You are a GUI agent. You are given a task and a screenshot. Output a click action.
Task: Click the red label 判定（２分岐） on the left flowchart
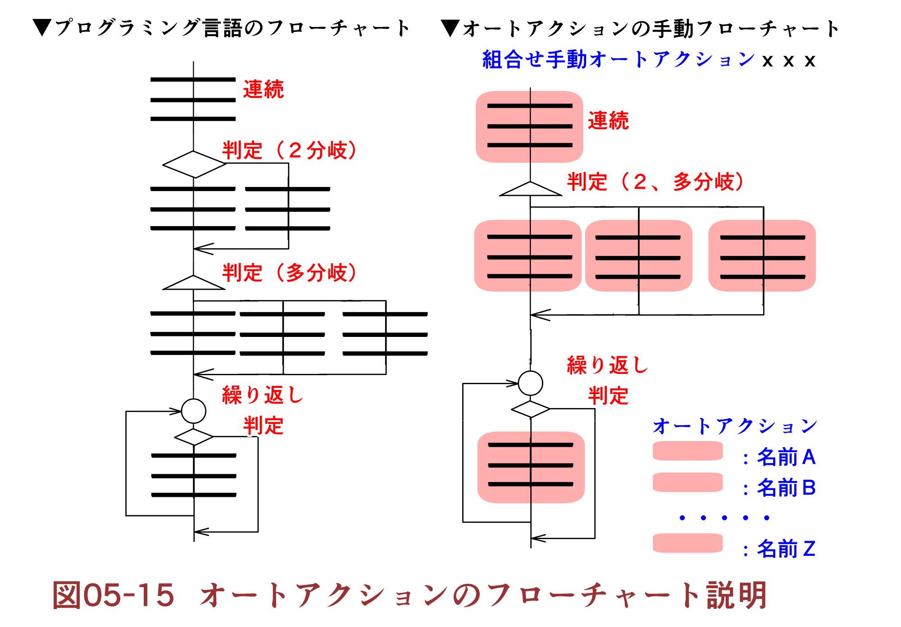click(289, 150)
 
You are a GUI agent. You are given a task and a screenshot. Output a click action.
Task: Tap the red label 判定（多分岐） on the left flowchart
click(289, 273)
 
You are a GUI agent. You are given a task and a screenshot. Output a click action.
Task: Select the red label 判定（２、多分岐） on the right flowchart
click(655, 182)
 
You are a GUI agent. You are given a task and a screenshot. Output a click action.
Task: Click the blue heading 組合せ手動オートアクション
click(619, 59)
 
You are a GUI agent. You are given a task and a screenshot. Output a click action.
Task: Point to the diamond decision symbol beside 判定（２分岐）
click(194, 164)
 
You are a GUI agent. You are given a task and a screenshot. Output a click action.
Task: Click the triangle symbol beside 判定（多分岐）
click(194, 283)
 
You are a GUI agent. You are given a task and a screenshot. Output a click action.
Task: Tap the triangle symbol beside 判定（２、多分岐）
click(531, 190)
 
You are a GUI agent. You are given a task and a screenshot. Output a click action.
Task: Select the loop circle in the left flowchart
click(194, 411)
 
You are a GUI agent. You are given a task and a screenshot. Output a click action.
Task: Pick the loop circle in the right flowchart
click(531, 383)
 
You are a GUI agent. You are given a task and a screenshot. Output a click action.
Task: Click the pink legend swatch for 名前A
click(687, 451)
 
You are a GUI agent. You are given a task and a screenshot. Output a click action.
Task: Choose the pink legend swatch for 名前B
click(687, 482)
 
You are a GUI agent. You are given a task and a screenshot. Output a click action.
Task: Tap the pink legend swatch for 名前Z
click(687, 543)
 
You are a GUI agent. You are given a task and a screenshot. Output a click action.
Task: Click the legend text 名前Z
click(786, 549)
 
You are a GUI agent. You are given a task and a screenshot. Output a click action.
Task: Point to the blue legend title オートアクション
click(735, 426)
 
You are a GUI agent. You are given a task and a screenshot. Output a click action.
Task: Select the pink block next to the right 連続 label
click(530, 127)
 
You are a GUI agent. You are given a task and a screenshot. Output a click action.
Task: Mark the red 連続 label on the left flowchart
click(264, 89)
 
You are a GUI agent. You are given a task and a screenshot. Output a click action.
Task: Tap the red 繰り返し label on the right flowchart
click(607, 365)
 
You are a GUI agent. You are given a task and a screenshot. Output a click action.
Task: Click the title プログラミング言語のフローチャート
click(232, 28)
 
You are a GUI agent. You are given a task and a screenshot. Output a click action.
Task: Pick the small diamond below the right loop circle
click(531, 409)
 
